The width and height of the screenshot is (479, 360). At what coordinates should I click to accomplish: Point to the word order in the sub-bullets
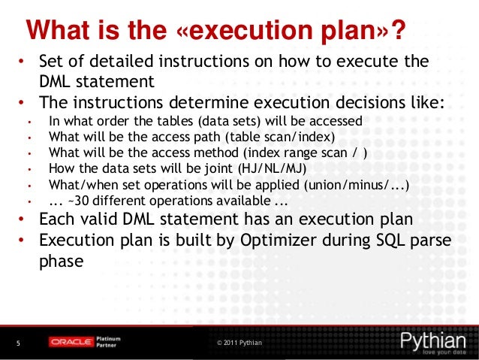coord(110,121)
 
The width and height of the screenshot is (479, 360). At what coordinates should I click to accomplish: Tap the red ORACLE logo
coord(71,343)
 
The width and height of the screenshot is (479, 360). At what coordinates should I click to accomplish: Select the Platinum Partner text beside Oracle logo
coord(110,343)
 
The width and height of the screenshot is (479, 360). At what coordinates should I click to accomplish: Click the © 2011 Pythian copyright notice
coord(239,343)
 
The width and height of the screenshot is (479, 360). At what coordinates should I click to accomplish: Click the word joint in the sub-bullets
coord(212,169)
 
